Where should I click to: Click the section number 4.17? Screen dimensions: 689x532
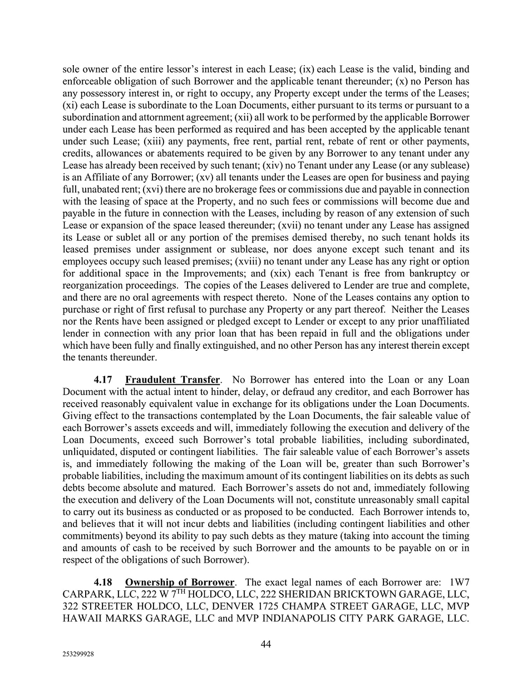click(x=103, y=380)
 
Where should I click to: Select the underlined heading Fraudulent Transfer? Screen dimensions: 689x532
click(x=173, y=380)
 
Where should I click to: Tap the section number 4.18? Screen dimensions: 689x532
click(x=103, y=583)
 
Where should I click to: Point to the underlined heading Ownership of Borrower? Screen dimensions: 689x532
click(x=180, y=583)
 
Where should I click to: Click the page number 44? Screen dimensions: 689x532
click(x=266, y=644)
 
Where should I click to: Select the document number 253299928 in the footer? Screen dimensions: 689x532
click(x=78, y=655)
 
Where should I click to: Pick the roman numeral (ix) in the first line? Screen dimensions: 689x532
click(x=307, y=69)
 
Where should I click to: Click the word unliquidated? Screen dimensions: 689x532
click(x=90, y=440)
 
